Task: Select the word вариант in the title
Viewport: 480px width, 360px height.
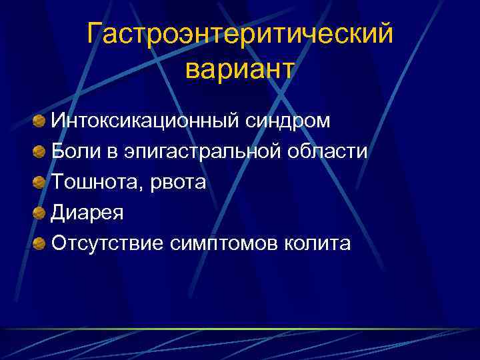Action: (239, 70)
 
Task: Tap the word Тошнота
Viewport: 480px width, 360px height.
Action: (94, 182)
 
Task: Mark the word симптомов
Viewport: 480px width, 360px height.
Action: (229, 243)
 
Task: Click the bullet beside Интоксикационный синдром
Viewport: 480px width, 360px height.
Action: (40, 121)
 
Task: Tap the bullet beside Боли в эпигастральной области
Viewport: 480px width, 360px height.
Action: (40, 152)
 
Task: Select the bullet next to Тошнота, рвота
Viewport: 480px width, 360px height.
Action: (40, 182)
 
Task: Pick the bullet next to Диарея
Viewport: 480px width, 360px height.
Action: (40, 213)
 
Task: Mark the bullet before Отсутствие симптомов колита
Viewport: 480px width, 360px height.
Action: (40, 243)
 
